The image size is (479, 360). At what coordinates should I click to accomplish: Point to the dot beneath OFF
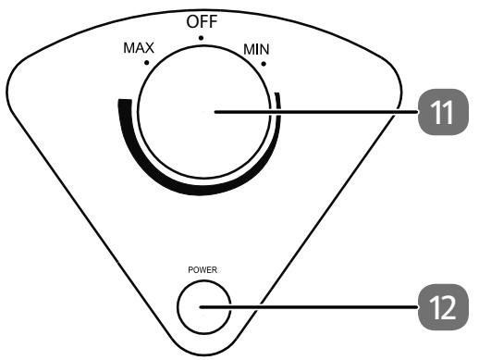point(201,38)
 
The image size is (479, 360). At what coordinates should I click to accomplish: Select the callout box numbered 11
point(440,112)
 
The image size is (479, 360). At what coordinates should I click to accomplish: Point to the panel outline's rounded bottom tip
point(202,353)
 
